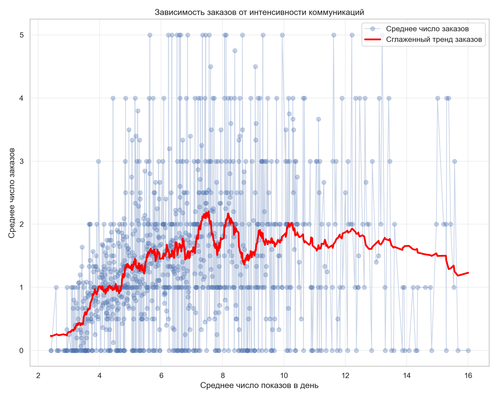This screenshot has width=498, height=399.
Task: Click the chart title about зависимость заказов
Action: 259,13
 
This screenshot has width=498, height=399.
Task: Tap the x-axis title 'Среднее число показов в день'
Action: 259,385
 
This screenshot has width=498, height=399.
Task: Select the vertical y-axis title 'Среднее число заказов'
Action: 12,193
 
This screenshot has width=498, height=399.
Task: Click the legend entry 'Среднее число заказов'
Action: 427,29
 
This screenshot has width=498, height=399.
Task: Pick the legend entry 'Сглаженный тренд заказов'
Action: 434,40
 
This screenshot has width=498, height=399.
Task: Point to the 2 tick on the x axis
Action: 38,376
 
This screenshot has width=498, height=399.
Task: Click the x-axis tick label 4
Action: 100,376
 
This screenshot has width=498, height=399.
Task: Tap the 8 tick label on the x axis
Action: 222,376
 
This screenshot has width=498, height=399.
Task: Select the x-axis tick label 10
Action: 284,376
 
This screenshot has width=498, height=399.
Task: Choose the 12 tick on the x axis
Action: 345,376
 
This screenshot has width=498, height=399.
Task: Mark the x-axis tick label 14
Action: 407,376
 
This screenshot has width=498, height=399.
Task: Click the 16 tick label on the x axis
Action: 468,376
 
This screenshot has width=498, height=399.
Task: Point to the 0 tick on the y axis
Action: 22,350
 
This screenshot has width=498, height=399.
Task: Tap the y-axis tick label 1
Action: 22,287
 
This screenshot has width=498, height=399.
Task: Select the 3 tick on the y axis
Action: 22,161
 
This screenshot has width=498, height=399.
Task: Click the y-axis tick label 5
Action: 22,35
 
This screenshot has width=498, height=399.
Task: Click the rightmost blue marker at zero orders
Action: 468,350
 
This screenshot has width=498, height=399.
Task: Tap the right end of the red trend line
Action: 468,273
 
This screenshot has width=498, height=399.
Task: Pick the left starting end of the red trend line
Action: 51,336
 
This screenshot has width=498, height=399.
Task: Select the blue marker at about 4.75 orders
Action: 235,51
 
